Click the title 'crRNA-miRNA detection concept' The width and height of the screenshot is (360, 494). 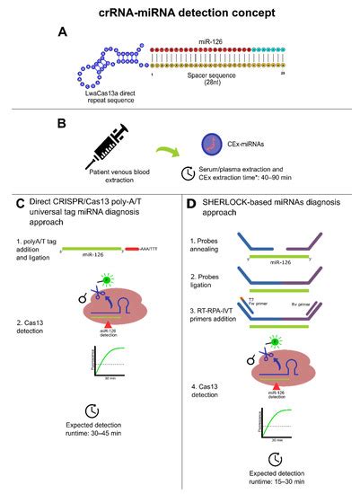[x=180, y=13]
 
